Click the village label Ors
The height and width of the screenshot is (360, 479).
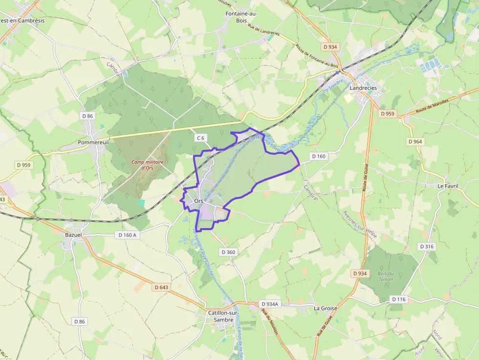coord(198,201)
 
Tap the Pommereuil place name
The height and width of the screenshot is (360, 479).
coord(92,143)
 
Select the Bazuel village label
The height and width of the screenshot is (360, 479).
coord(73,235)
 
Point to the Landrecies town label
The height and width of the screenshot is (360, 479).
coord(363,88)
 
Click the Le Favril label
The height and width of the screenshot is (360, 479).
coord(447,186)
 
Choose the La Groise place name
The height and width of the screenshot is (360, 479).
coord(325,309)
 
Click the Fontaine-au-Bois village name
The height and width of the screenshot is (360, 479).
coord(241,17)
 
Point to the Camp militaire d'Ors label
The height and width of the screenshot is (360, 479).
coord(147,165)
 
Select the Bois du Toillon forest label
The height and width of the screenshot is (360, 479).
coord(385,276)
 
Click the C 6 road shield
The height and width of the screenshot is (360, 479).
coord(200,138)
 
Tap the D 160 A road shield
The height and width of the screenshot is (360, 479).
coord(128,235)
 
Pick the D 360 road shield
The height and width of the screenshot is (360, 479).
coord(228,252)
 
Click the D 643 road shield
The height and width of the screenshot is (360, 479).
coord(161,287)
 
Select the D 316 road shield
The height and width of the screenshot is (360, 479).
coord(427,247)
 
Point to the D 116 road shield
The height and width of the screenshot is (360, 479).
coord(398,299)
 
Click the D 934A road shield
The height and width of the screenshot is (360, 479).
coord(269,304)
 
